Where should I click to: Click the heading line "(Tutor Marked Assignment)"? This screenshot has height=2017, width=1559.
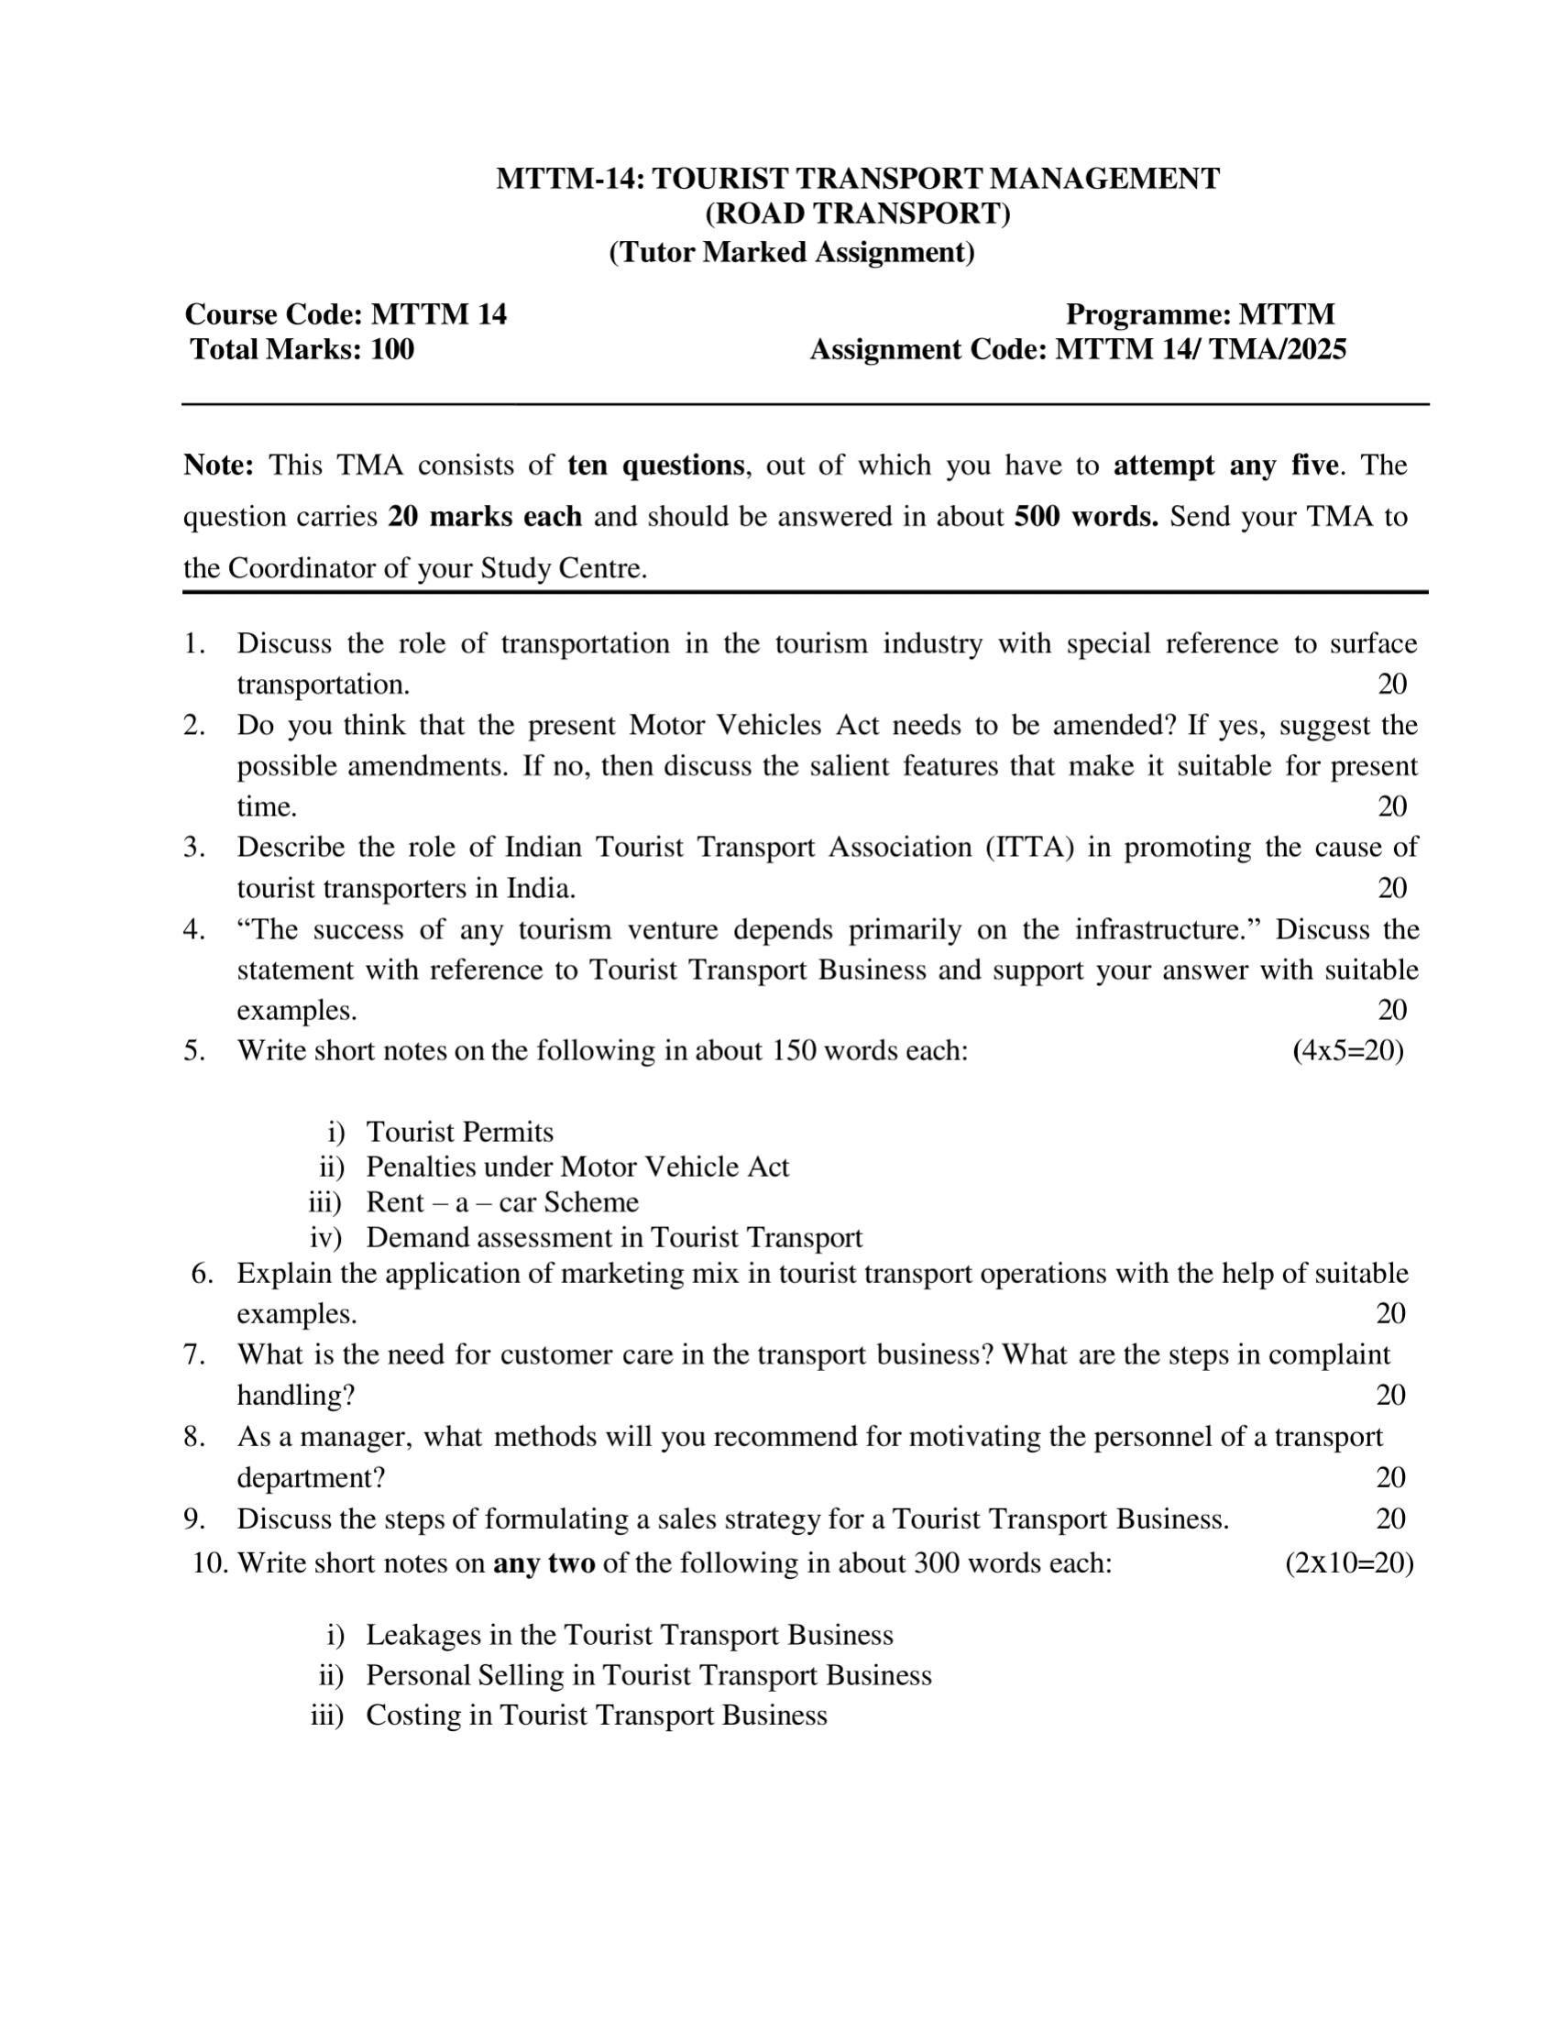pyautogui.click(x=792, y=252)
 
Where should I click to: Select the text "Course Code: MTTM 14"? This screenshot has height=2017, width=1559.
pyautogui.click(x=346, y=315)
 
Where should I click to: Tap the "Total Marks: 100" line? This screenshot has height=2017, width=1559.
pyautogui.click(x=302, y=350)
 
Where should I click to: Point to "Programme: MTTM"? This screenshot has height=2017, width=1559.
pyautogui.click(x=1200, y=315)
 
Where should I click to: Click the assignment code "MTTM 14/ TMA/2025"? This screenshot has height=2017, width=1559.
pyautogui.click(x=1201, y=350)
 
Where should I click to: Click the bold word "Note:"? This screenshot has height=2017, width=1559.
pyautogui.click(x=218, y=465)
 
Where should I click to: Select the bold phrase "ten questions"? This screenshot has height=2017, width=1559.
pyautogui.click(x=655, y=465)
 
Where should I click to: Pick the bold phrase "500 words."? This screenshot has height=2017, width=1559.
pyautogui.click(x=1086, y=516)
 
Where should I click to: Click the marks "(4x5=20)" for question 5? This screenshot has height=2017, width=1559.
pyautogui.click(x=1347, y=1051)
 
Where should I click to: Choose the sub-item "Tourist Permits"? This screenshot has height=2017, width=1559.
pyautogui.click(x=460, y=1133)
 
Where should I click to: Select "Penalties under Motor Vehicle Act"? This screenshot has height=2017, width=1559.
pyautogui.click(x=577, y=1167)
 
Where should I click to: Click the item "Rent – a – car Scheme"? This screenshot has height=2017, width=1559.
pyautogui.click(x=502, y=1202)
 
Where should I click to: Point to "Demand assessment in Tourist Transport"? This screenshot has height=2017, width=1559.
pyautogui.click(x=614, y=1237)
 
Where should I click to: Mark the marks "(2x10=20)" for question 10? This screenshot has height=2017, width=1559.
pyautogui.click(x=1348, y=1562)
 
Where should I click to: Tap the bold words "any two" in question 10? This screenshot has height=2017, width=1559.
pyautogui.click(x=544, y=1562)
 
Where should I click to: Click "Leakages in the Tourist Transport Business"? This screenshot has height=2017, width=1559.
pyautogui.click(x=630, y=1635)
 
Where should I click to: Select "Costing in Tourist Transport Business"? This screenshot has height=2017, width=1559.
pyautogui.click(x=597, y=1715)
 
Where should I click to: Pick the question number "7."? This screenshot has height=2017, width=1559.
pyautogui.click(x=194, y=1354)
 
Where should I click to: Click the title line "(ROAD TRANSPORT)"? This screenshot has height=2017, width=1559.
pyautogui.click(x=858, y=214)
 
